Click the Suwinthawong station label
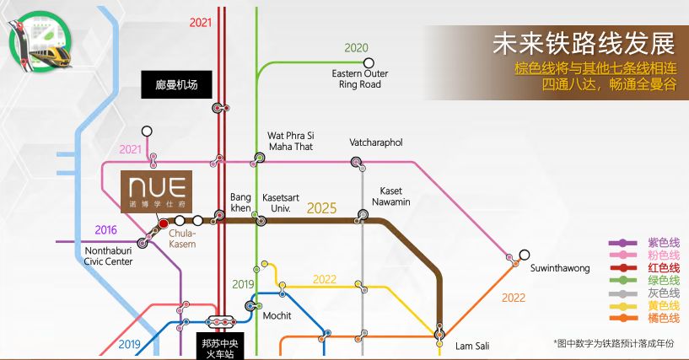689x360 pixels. click(560, 268)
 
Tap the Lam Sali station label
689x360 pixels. click(472, 346)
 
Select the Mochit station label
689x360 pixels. click(277, 315)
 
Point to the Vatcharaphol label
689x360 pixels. click(375, 142)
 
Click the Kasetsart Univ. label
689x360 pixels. click(280, 203)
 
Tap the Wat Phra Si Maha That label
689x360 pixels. click(291, 141)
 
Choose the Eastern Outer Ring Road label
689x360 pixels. click(360, 79)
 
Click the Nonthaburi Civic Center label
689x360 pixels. click(109, 256)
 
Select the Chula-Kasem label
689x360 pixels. click(182, 239)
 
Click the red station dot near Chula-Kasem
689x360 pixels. click(164, 223)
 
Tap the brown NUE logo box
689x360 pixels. click(156, 192)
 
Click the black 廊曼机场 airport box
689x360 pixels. click(176, 85)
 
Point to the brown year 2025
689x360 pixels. click(321, 208)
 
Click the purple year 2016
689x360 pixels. click(106, 230)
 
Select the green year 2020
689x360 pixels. click(357, 48)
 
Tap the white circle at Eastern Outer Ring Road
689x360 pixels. click(369, 62)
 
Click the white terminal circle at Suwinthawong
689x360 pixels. click(525, 255)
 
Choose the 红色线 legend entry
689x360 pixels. click(644, 268)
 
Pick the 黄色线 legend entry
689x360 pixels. click(644, 305)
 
